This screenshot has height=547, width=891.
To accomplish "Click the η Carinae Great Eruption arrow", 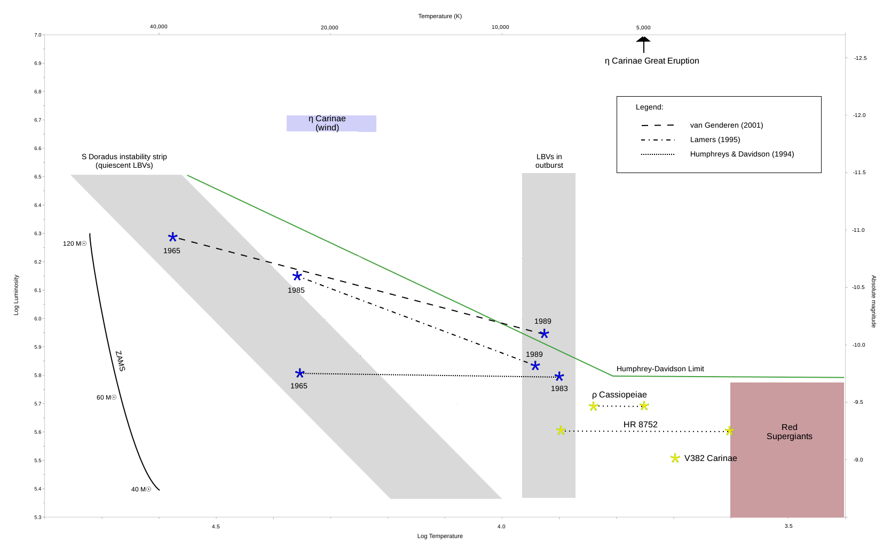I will [643, 44].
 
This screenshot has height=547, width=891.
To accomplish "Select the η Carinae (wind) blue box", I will [331, 123].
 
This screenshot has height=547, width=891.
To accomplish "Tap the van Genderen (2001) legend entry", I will [726, 125].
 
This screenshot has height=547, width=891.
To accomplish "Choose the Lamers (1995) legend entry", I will [715, 139].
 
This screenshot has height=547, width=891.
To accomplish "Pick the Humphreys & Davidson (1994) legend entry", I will [742, 154].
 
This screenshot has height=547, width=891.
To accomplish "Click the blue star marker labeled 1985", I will [297, 276].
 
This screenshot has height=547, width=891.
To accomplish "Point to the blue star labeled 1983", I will [559, 377].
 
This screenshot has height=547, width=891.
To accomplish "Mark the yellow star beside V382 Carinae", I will [675, 458].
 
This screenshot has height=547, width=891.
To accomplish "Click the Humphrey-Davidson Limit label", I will [660, 369].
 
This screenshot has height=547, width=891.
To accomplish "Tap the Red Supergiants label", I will [789, 432].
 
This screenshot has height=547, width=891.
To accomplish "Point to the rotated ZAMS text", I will [120, 361].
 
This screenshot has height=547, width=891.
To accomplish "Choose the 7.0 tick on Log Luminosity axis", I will [37, 35].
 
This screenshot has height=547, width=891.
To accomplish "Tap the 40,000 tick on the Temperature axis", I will [159, 27].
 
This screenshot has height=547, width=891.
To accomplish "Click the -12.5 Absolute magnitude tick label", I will [860, 58].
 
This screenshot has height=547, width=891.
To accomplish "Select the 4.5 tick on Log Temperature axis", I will [216, 526].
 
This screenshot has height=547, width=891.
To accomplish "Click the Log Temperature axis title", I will [440, 536].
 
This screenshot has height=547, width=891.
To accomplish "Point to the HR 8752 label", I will [640, 425].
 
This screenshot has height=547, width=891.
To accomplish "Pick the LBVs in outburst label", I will [549, 161].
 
